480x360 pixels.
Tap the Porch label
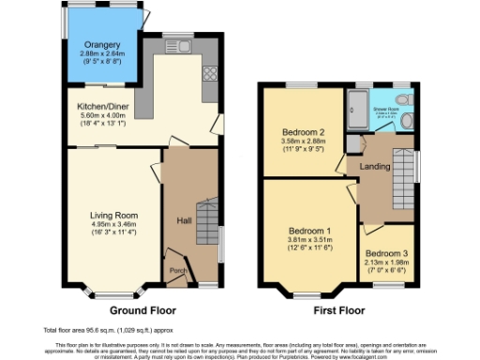[x=177, y=272]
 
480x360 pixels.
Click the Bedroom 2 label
[x=302, y=133]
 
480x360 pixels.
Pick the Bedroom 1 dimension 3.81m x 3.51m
[x=309, y=239]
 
